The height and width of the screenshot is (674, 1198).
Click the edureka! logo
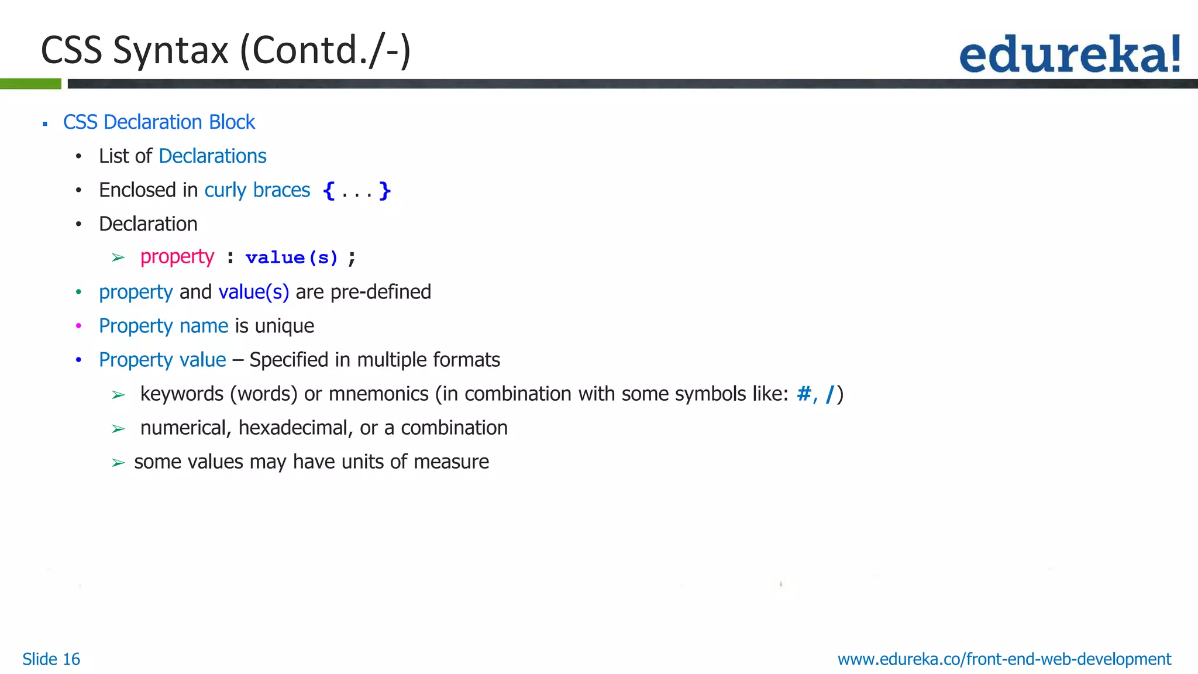[1069, 54]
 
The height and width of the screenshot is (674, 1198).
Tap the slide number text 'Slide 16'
[51, 659]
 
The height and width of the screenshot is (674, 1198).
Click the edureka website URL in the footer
[1004, 659]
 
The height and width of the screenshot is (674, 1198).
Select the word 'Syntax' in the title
[171, 50]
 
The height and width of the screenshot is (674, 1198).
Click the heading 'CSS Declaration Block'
[159, 122]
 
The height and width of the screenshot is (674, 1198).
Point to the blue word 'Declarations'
[212, 156]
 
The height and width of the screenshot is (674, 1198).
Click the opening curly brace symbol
[329, 191]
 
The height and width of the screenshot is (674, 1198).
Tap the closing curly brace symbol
[384, 191]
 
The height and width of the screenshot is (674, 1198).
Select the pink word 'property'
[177, 257]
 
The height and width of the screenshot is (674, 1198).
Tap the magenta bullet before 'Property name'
[78, 326]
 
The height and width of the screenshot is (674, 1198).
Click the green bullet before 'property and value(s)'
[78, 292]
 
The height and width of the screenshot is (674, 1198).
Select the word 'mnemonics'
[378, 394]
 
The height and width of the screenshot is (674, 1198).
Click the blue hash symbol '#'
[804, 394]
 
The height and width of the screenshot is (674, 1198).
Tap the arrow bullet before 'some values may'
[118, 463]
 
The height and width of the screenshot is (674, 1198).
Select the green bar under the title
[30, 84]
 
